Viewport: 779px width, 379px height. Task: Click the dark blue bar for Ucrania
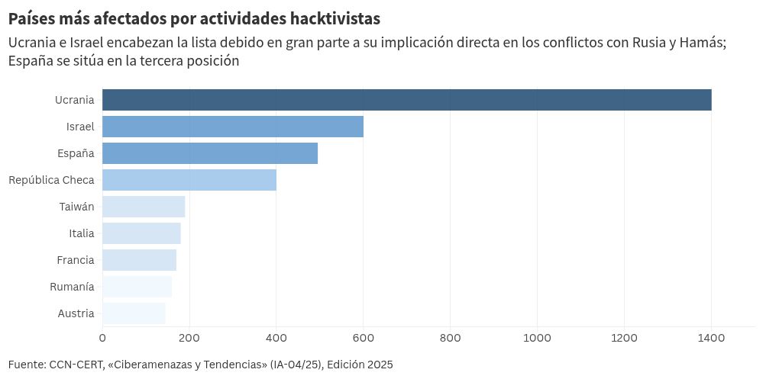(407, 100)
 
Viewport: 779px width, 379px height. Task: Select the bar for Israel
(233, 127)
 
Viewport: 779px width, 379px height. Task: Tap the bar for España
(210, 153)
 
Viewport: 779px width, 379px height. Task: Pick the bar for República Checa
(189, 180)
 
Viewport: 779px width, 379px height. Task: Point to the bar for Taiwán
(144, 207)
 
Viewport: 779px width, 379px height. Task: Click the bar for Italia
(141, 233)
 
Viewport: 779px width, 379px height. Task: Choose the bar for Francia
(140, 260)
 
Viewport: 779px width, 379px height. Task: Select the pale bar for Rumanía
(137, 287)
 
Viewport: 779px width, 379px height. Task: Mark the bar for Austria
(134, 313)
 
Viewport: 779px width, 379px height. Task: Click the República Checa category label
(51, 180)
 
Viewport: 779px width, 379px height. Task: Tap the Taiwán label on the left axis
(76, 207)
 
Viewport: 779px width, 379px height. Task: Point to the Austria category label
(76, 313)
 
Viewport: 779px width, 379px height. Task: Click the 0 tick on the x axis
(102, 338)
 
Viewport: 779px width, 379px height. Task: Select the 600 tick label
(364, 338)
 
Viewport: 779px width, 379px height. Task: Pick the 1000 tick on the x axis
(537, 338)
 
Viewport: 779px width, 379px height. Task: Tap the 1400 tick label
(711, 338)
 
